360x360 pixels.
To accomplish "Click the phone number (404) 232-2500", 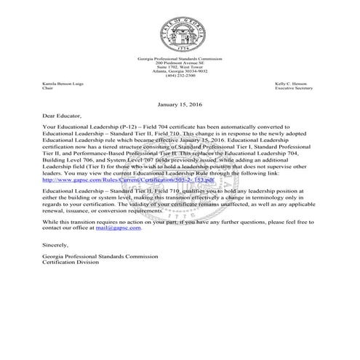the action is [180, 75].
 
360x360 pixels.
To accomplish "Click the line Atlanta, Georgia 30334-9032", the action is [180, 71].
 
